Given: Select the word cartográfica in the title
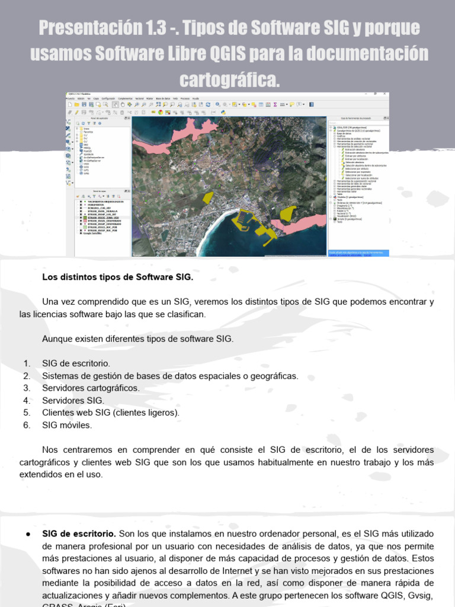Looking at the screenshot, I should coord(227,79).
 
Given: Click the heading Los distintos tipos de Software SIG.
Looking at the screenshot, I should coord(118,277).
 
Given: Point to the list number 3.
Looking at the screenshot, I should coord(27,388).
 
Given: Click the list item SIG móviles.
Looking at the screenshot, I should coord(67,425).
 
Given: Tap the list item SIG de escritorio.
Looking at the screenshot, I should coord(76,363).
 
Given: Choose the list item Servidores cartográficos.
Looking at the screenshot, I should coord(91,388).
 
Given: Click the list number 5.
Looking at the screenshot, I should coord(27,413).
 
